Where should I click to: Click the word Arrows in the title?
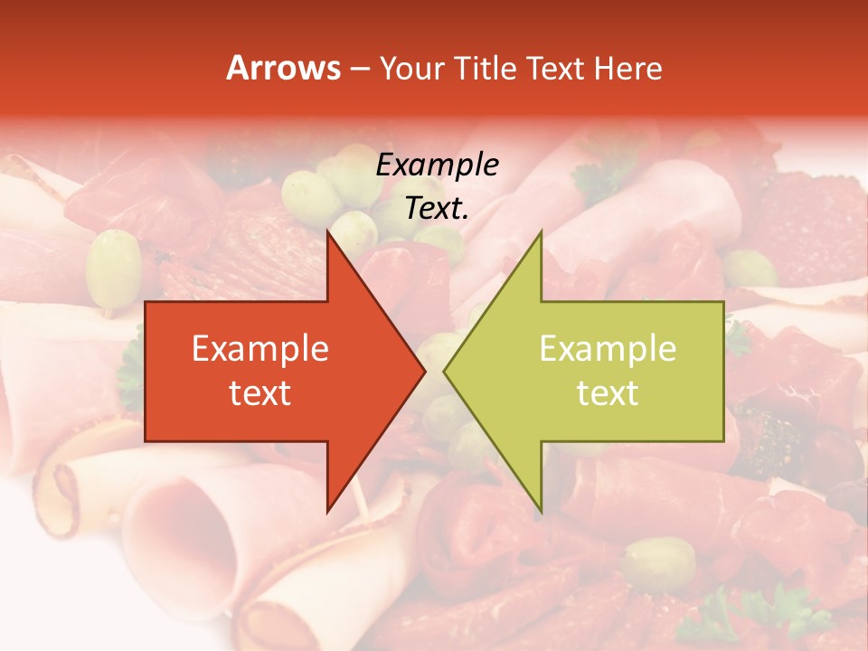[284, 68]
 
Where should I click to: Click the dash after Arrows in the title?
[359, 69]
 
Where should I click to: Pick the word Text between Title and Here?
[556, 69]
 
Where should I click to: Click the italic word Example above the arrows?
[438, 165]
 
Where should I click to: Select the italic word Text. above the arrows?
[438, 208]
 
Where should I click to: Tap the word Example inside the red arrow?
[260, 349]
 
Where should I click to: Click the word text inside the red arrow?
[260, 392]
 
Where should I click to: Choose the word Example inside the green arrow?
[608, 349]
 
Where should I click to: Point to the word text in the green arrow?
[608, 392]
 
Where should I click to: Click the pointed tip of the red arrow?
[424, 371]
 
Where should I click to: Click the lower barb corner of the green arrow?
[541, 513]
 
